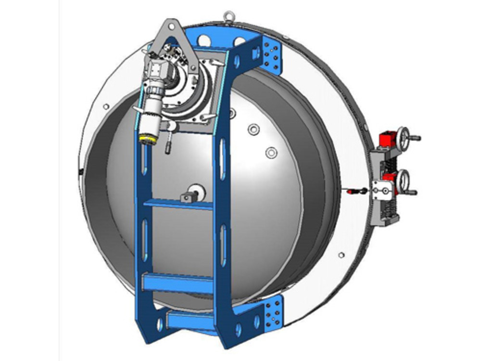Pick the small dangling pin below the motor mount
[168, 146]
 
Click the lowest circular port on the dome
[271, 153]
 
